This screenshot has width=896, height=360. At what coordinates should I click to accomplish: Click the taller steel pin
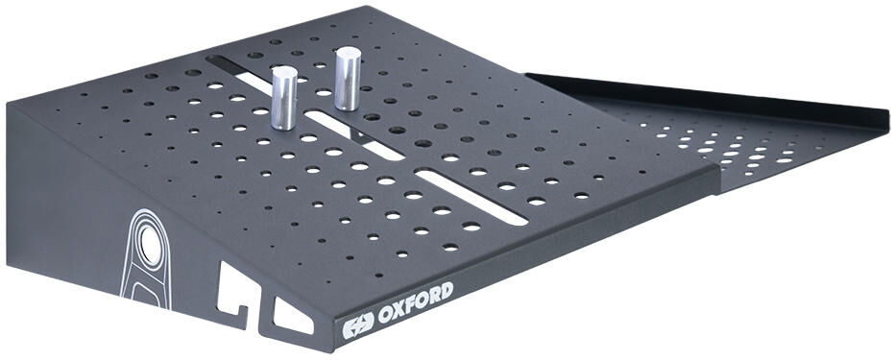[x=348, y=79]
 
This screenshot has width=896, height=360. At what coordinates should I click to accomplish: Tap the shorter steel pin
[x=284, y=98]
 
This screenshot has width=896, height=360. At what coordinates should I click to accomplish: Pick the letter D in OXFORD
[x=447, y=291]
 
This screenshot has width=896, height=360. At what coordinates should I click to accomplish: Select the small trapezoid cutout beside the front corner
[x=293, y=316]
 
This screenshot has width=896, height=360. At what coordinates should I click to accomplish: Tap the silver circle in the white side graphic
[x=150, y=244]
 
